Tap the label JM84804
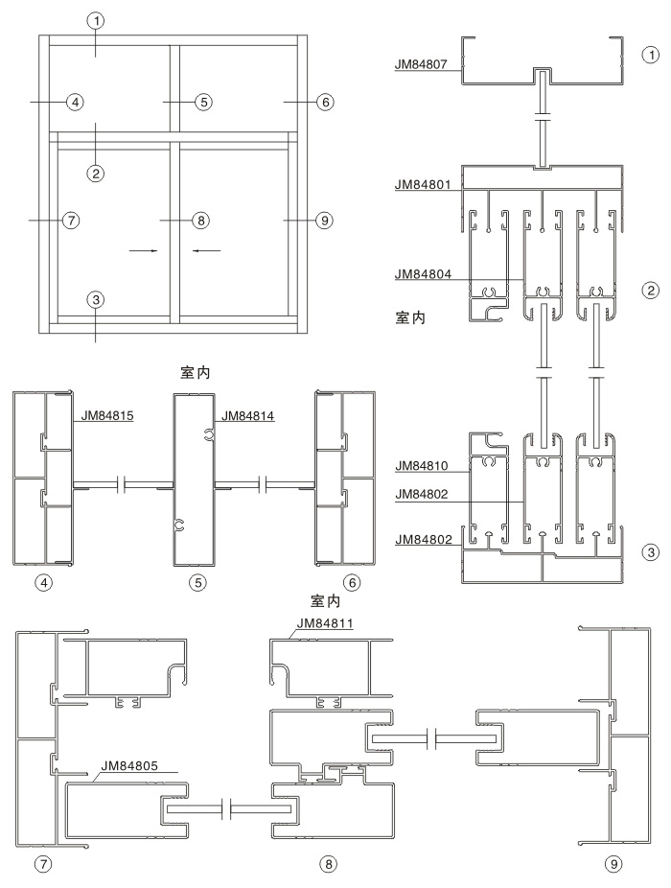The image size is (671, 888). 424,274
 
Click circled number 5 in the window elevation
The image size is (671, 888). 202,101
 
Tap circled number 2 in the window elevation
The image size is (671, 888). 95,173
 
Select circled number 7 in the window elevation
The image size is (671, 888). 69,221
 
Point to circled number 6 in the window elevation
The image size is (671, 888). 325,101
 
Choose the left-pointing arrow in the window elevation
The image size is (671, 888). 206,251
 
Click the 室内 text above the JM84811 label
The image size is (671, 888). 327,601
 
